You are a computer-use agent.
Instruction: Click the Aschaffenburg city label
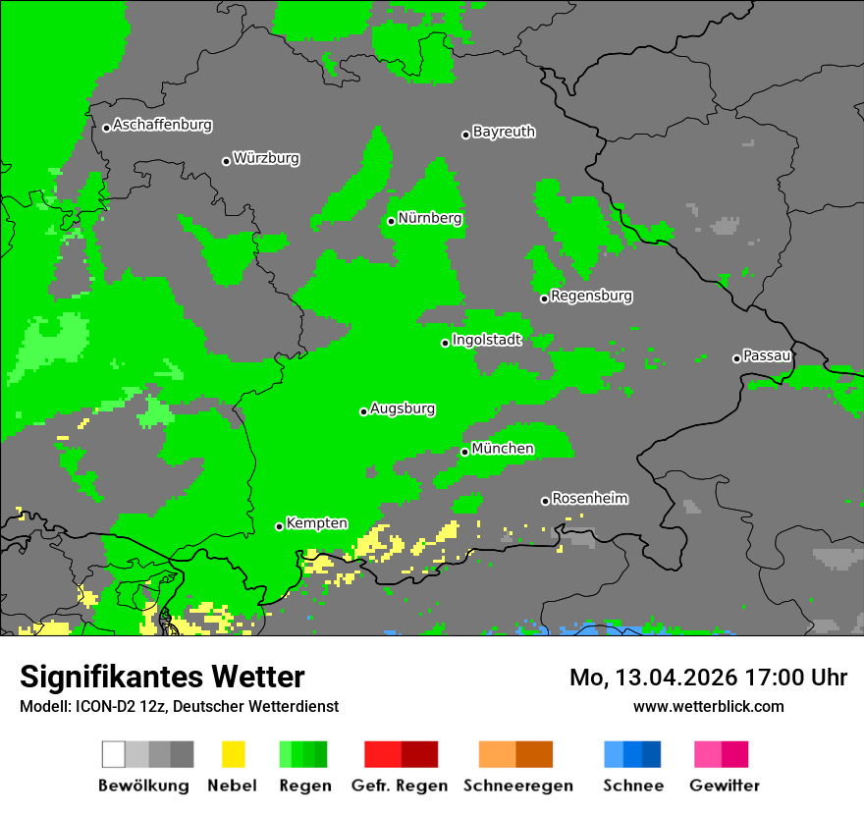click(162, 125)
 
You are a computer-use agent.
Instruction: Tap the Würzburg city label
click(266, 158)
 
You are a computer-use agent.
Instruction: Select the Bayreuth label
click(504, 132)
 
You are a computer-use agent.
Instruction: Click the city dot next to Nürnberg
click(391, 221)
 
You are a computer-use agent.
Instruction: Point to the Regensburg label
click(591, 296)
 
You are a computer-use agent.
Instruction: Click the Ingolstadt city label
click(486, 340)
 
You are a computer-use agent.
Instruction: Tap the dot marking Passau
click(736, 358)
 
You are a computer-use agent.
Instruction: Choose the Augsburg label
click(403, 408)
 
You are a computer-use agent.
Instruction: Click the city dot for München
click(464, 452)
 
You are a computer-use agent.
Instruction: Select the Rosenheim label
click(589, 499)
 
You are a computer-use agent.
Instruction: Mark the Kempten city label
click(316, 523)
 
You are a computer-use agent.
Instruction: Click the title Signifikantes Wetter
click(162, 677)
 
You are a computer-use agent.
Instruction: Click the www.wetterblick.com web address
click(708, 706)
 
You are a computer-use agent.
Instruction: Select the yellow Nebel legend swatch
click(233, 754)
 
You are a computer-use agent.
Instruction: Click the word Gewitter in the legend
click(724, 786)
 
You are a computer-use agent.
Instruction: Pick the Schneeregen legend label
click(518, 786)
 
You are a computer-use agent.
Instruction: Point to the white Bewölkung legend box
click(114, 754)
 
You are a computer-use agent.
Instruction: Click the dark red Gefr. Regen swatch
click(419, 754)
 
